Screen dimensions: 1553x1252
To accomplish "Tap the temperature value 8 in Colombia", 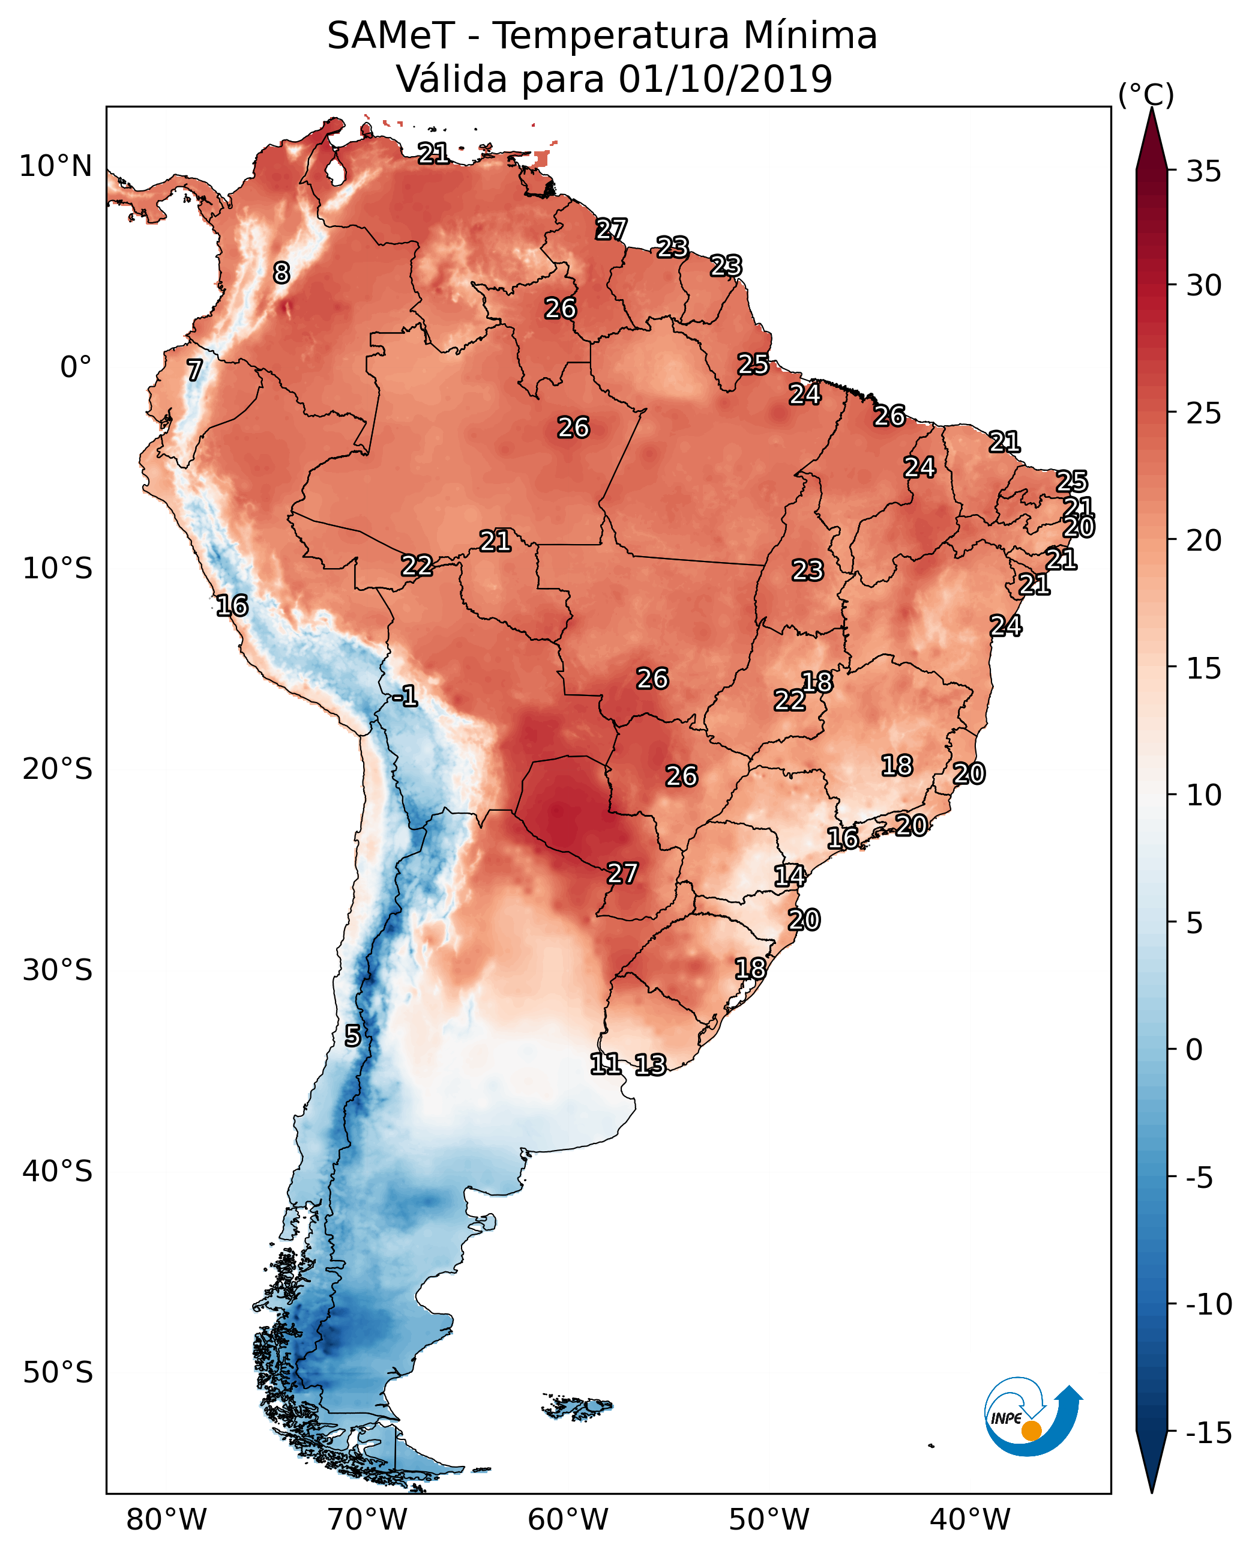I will click(x=281, y=273).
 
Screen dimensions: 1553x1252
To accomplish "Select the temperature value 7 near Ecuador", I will click(x=194, y=370).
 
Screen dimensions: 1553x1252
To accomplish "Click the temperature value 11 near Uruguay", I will click(x=605, y=1063).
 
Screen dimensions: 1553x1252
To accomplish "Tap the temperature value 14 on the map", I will click(x=789, y=876).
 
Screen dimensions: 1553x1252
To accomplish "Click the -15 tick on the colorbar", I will click(x=1208, y=1433).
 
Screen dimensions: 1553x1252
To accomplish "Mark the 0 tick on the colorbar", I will click(x=1194, y=1050).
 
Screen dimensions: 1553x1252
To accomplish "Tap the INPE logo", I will click(x=1032, y=1416).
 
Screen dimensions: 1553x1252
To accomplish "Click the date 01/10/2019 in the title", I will click(x=725, y=79).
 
